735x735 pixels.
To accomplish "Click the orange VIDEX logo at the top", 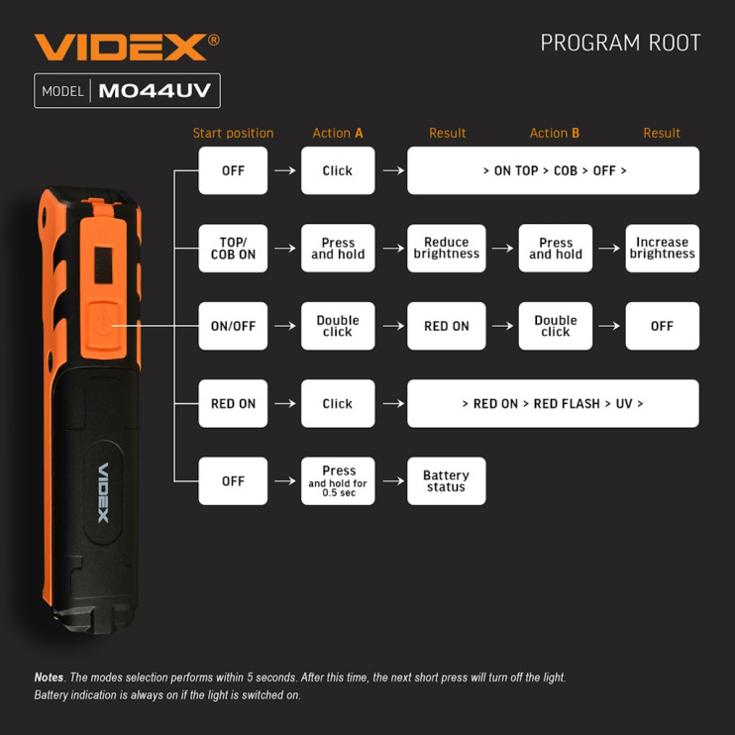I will click(x=122, y=47).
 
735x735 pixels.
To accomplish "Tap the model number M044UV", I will click(x=155, y=91).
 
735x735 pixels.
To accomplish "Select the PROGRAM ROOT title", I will click(x=620, y=44).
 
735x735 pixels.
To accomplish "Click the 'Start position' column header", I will click(x=233, y=133).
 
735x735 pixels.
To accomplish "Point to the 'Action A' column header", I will click(x=338, y=133).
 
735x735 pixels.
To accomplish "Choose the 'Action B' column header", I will click(x=555, y=133).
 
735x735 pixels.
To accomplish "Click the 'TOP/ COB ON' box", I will click(x=233, y=248).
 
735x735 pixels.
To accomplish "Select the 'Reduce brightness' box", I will click(x=446, y=248).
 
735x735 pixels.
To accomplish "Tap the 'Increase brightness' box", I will click(x=662, y=248).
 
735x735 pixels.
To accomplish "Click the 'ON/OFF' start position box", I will click(x=233, y=326).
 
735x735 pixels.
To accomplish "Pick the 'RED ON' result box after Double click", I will click(x=446, y=326).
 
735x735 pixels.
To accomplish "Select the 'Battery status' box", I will click(x=446, y=481).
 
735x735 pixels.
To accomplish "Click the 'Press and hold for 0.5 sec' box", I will click(x=338, y=481).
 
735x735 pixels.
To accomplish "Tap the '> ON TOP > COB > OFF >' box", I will click(x=553, y=170).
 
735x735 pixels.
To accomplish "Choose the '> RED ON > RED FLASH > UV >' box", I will click(x=553, y=403).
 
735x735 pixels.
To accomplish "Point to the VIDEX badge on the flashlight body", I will click(x=103, y=492).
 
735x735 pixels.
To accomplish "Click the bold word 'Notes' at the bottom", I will click(x=49, y=678).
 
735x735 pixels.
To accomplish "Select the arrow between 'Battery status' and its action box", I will click(x=392, y=481).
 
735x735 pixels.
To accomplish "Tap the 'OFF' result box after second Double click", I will click(x=662, y=326).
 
